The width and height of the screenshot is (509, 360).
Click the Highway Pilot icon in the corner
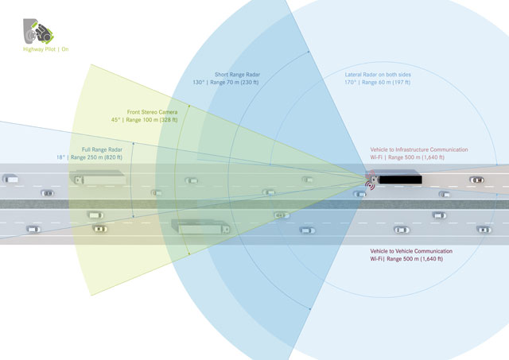(x=37, y=30)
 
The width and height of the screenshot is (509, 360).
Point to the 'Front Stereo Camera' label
(x=152, y=112)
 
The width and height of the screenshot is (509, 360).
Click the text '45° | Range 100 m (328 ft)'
(x=145, y=120)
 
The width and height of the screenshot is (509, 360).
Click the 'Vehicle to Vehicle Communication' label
(x=407, y=250)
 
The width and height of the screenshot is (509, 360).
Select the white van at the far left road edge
(x=10, y=179)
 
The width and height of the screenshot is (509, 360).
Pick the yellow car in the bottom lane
(x=99, y=229)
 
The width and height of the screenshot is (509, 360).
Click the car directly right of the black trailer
(x=476, y=180)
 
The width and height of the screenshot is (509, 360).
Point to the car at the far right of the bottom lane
(x=483, y=230)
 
